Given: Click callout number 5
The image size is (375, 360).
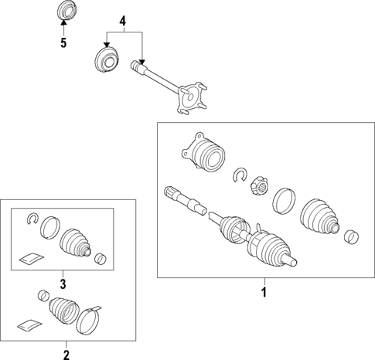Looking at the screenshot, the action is (x=63, y=42).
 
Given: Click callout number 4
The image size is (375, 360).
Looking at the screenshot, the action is (x=123, y=21).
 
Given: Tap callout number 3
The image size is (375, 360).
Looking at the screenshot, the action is (x=63, y=284).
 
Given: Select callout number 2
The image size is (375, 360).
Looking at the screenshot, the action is (x=66, y=355).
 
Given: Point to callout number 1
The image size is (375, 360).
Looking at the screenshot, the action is (x=264, y=292).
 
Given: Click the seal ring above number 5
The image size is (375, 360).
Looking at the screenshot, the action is (x=66, y=10).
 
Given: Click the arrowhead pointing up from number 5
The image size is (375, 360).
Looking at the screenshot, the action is (x=63, y=22).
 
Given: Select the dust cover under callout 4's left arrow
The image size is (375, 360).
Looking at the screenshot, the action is (x=107, y=60).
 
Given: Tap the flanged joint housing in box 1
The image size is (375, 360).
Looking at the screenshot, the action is (x=203, y=152).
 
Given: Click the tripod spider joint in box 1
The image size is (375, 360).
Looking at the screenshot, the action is (x=259, y=186).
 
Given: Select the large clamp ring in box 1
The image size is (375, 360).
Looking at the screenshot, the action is (x=284, y=201).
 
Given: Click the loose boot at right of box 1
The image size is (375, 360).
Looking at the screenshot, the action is (x=319, y=216).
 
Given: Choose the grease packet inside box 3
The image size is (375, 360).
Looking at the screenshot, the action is (x=32, y=258).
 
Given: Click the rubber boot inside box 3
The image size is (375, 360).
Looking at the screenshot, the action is (x=75, y=243).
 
